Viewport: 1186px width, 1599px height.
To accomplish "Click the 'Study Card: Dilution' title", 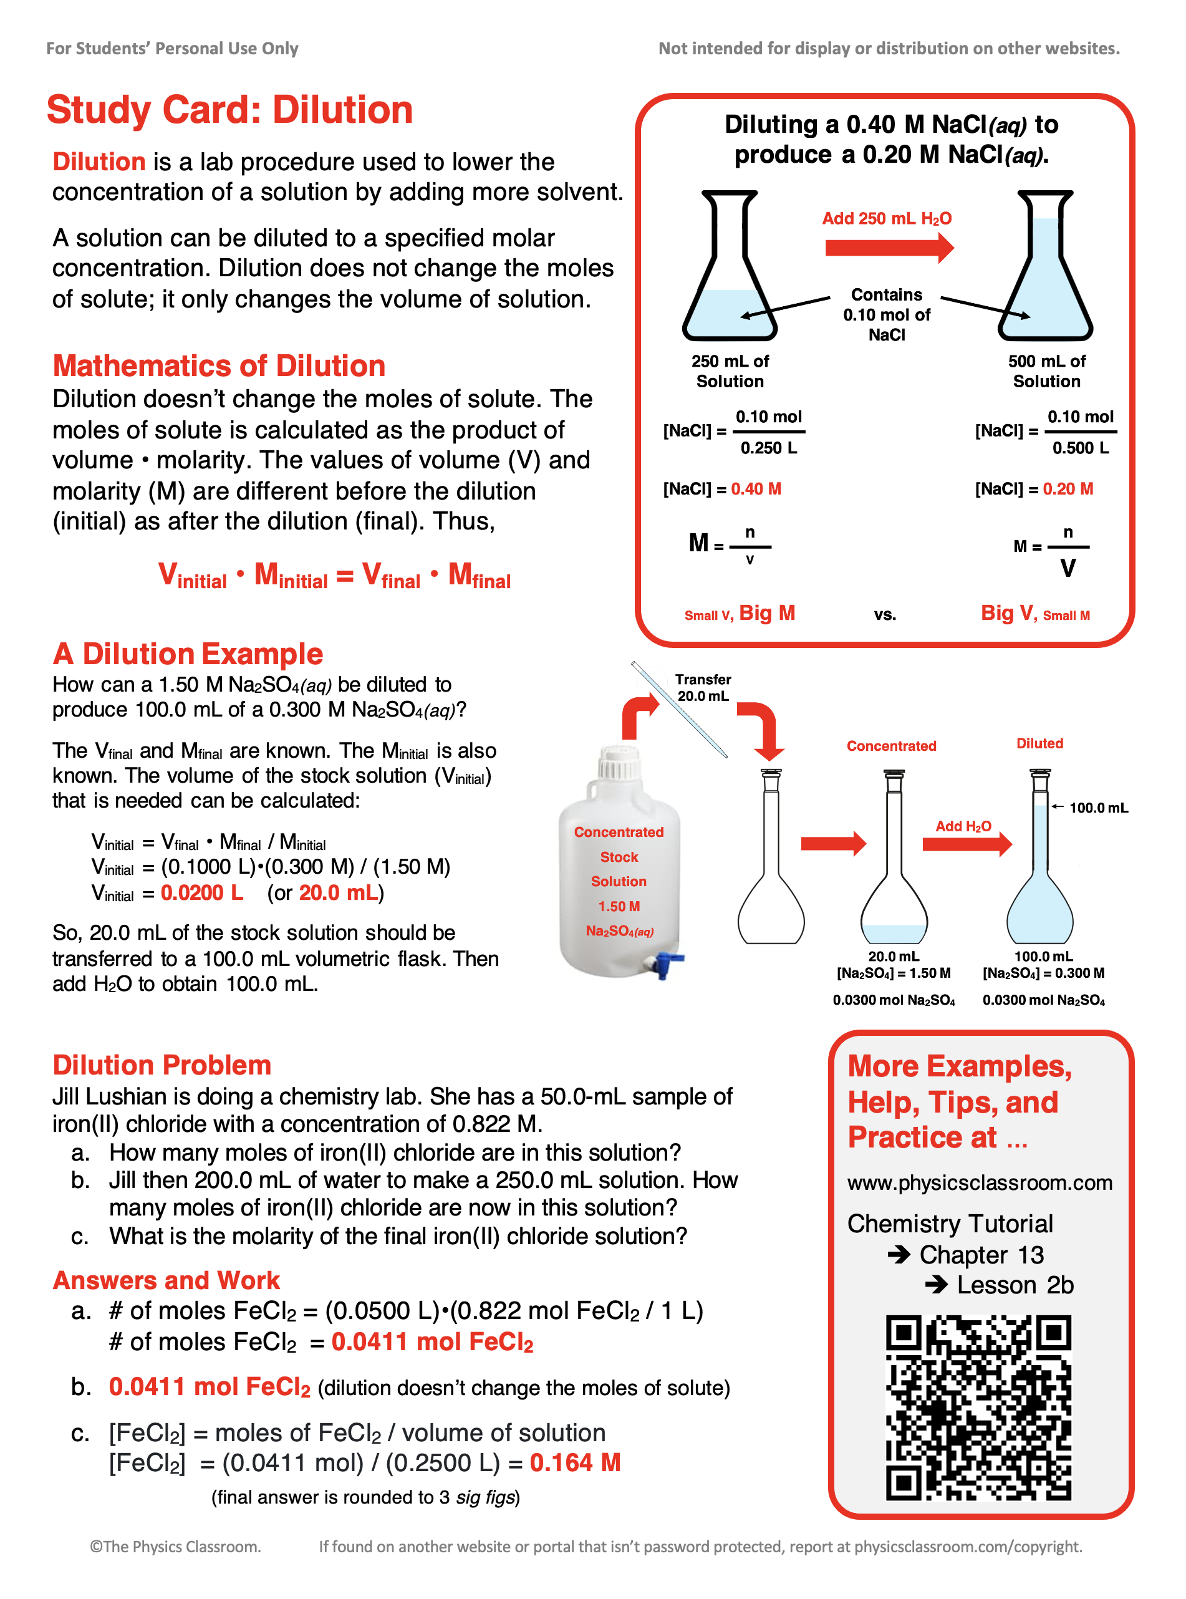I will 229,110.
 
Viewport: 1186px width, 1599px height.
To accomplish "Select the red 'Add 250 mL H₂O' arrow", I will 889,248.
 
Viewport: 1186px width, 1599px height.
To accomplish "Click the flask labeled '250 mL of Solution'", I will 730,269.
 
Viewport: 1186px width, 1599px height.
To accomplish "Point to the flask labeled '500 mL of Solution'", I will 1045,269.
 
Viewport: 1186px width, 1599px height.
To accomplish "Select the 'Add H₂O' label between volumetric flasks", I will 963,826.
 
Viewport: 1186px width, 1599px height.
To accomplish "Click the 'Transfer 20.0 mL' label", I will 703,687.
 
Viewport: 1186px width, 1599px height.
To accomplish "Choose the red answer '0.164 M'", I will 575,1462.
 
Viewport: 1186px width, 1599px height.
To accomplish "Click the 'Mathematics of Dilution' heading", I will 219,365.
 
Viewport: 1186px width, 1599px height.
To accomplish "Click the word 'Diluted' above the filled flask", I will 1039,743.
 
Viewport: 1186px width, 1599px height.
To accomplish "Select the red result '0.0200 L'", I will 202,892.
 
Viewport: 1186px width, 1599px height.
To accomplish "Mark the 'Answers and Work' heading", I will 166,1280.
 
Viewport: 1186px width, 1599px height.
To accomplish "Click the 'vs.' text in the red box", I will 884,615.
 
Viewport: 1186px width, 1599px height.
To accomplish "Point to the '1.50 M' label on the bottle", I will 619,906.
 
